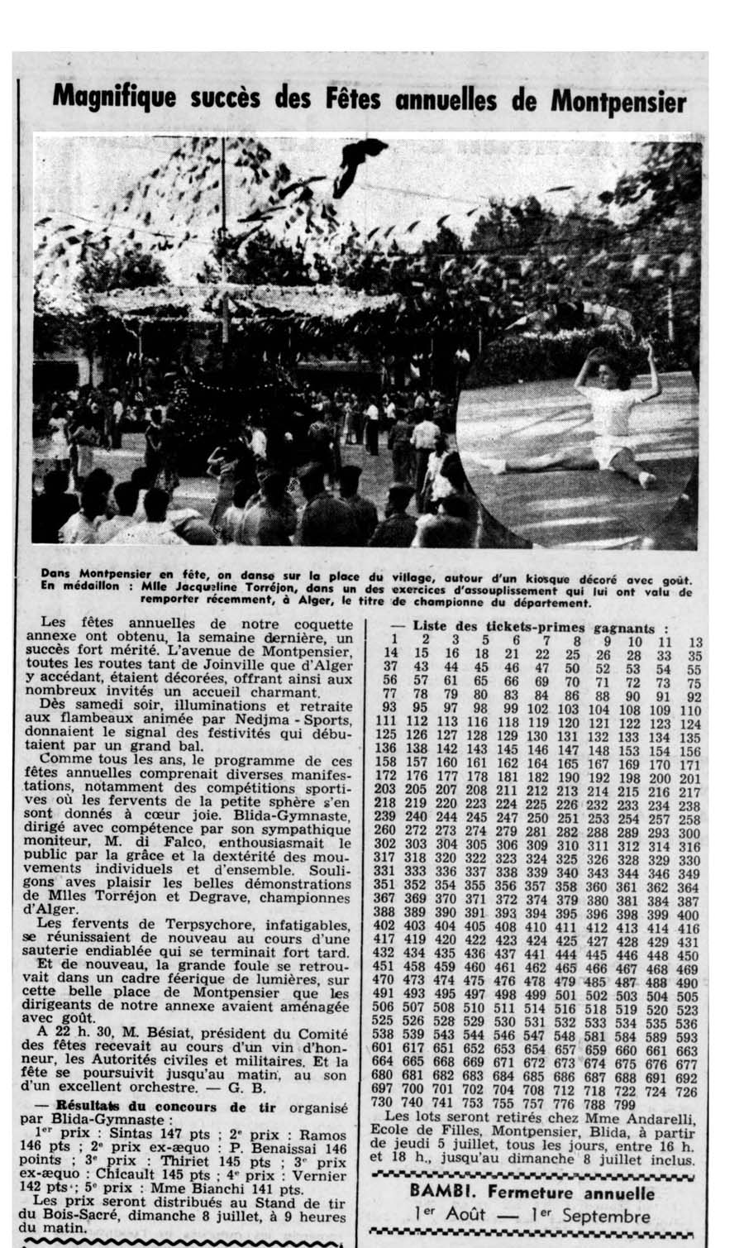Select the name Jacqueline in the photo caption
click(181, 590)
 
